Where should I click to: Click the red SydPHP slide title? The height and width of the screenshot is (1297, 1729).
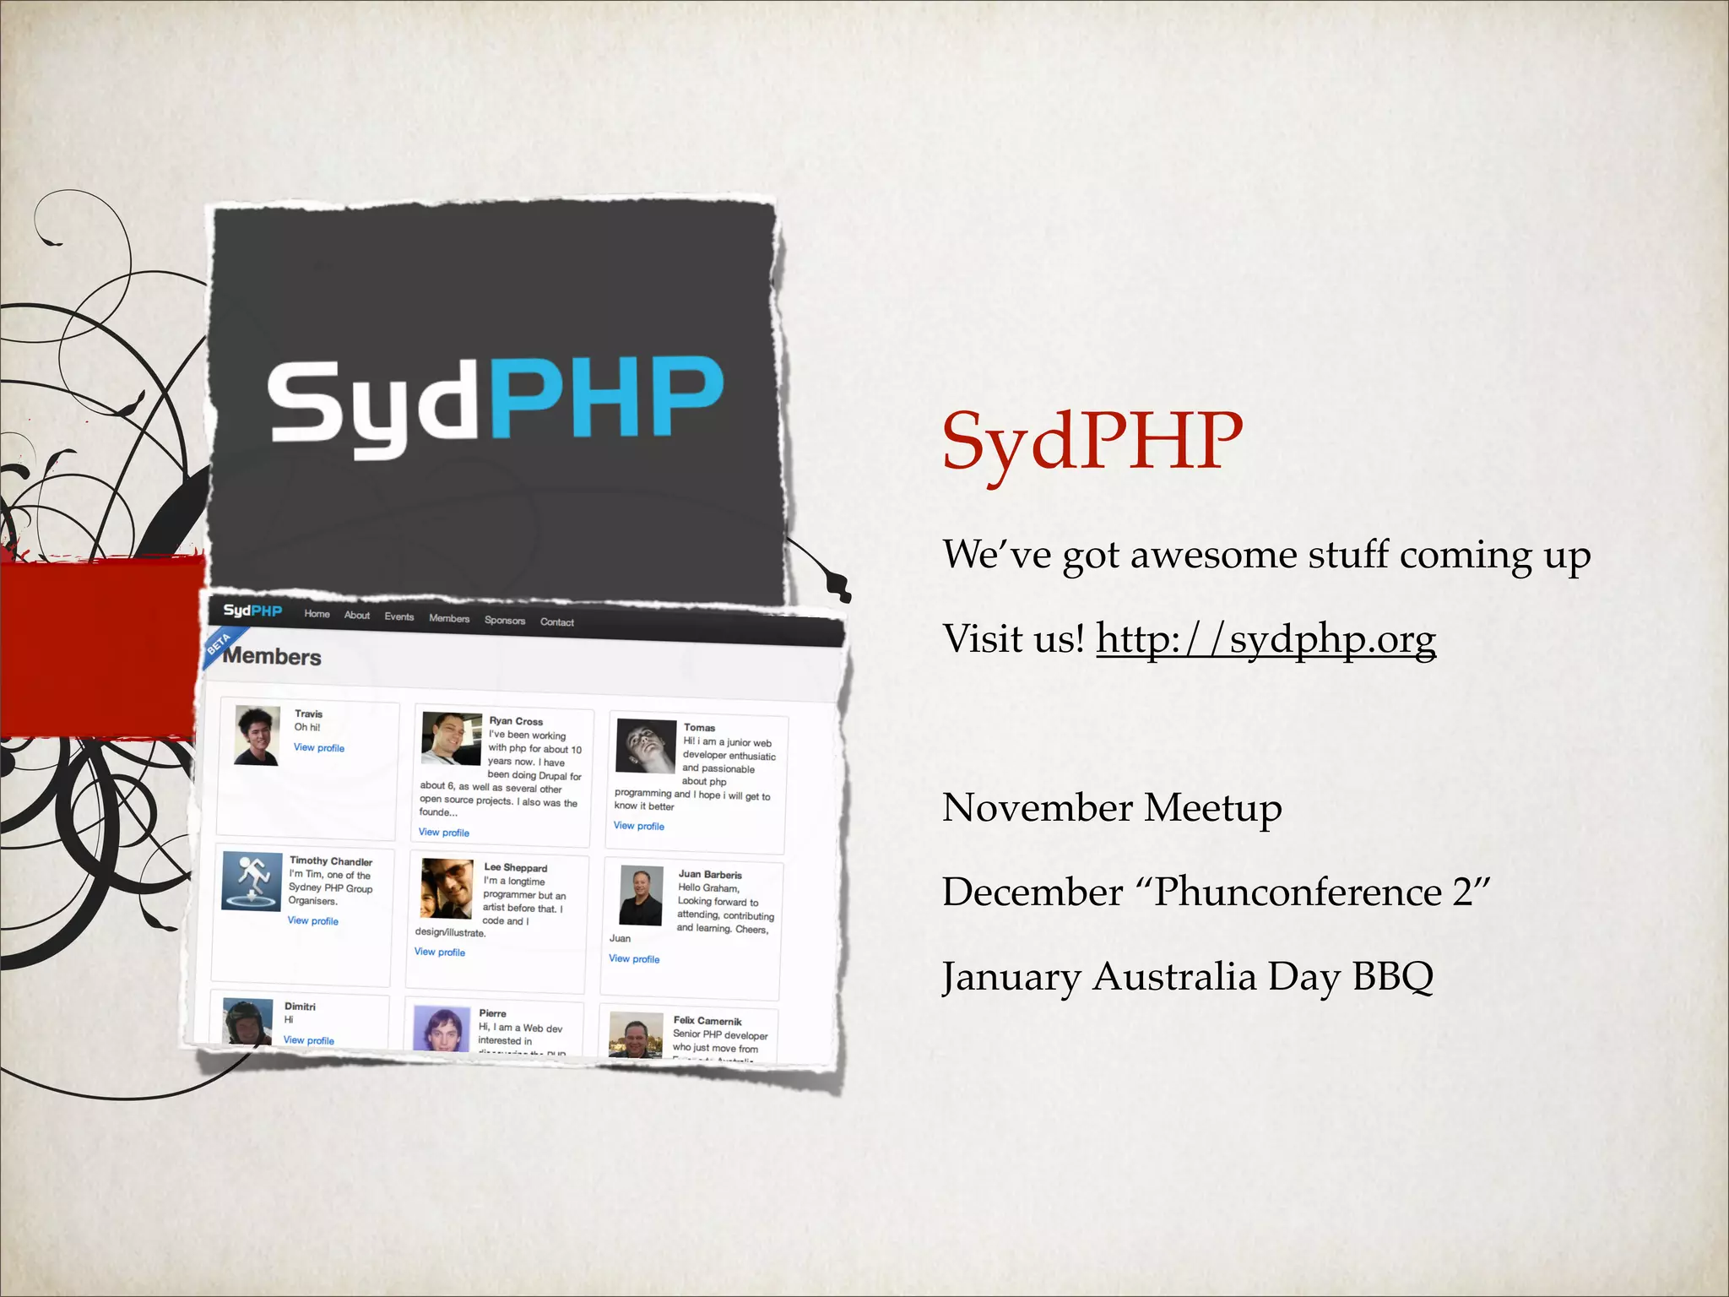click(x=1092, y=442)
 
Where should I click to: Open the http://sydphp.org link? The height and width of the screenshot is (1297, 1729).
click(x=1266, y=639)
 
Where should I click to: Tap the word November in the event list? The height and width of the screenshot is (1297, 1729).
click(x=1036, y=808)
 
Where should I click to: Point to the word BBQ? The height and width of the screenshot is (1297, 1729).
click(x=1392, y=977)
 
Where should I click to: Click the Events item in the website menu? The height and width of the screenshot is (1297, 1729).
click(x=399, y=616)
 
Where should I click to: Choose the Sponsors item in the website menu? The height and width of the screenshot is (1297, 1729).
click(x=505, y=621)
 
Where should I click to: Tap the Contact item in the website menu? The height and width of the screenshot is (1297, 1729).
click(x=557, y=622)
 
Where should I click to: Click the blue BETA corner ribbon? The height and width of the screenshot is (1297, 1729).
click(x=221, y=644)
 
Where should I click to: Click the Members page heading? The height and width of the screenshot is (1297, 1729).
click(x=272, y=657)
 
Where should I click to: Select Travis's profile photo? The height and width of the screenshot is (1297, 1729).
click(x=257, y=735)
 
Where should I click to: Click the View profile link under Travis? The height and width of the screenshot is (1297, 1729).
click(x=319, y=748)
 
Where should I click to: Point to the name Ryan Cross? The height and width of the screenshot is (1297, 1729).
click(x=516, y=721)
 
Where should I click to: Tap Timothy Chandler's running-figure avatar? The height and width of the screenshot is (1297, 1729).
click(x=251, y=881)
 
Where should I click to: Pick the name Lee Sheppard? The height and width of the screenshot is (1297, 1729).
click(x=516, y=868)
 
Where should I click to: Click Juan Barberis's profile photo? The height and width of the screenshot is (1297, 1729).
click(x=642, y=895)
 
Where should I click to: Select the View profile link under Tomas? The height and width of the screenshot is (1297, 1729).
click(x=639, y=826)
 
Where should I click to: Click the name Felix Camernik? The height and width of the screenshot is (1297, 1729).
click(x=707, y=1021)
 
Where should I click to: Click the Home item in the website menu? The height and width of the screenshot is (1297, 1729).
click(x=317, y=614)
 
